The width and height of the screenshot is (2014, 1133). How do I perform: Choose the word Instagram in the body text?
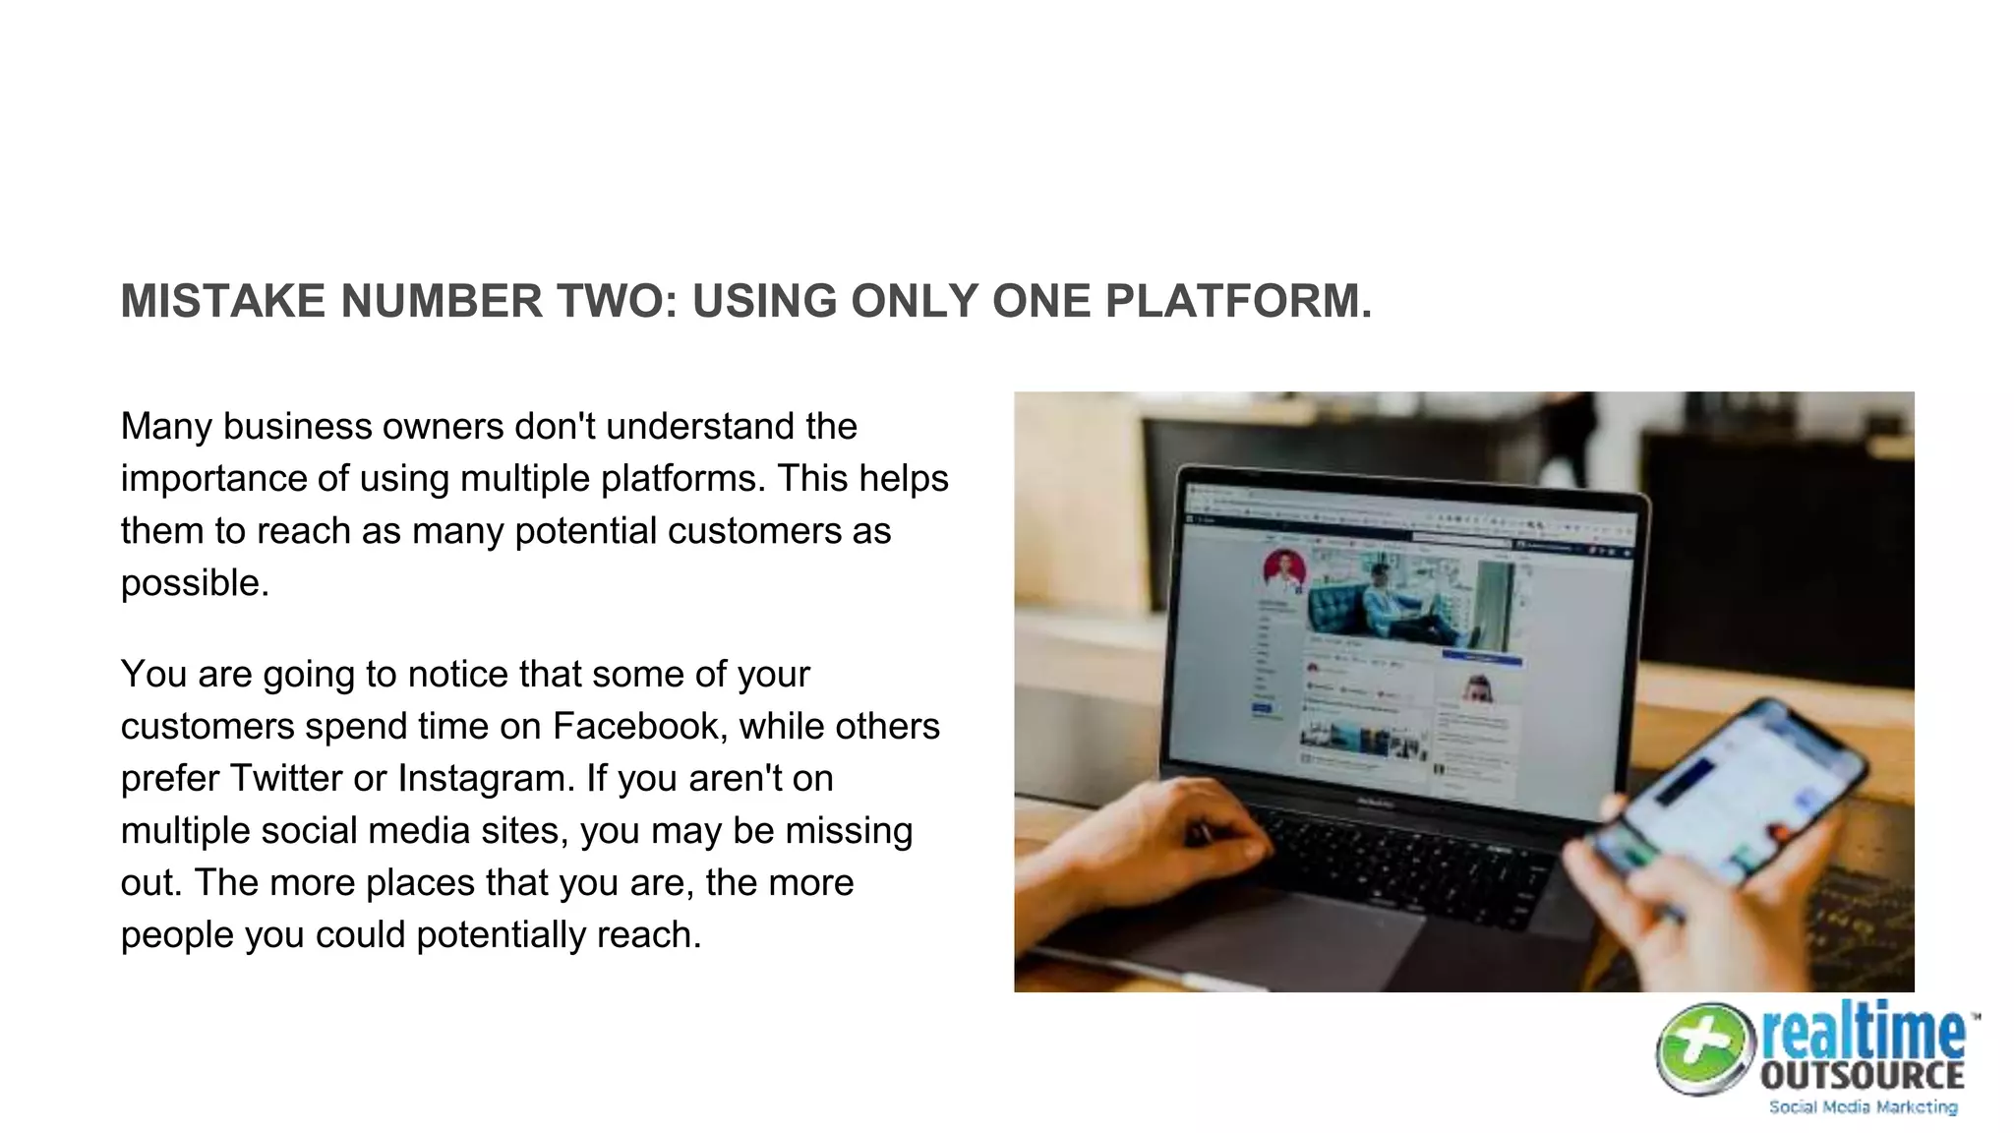click(485, 778)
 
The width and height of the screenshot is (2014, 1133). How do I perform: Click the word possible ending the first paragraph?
click(193, 583)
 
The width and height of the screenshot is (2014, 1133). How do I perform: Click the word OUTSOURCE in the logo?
click(1862, 1074)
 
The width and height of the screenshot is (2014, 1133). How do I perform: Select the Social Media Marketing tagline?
click(1863, 1107)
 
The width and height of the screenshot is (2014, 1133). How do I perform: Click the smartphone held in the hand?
click(1731, 797)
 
